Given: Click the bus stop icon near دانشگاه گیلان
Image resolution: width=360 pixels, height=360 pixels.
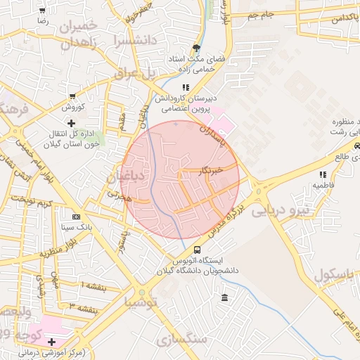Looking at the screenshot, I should coord(196,250).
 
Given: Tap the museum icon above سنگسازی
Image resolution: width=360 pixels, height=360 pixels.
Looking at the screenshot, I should coord(224,299).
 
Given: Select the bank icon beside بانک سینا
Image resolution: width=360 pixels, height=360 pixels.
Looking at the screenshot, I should coord(76,217).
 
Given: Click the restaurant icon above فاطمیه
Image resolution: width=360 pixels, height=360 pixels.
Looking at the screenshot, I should coord(323,174).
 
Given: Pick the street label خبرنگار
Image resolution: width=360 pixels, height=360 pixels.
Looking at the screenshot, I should coord(211,169).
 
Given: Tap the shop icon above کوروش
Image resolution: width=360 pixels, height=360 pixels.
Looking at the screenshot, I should coord(72,96).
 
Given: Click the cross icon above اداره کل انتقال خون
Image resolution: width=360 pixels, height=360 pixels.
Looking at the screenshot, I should coord(70,123).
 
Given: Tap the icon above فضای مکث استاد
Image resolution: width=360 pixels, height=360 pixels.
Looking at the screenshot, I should coord(196,49).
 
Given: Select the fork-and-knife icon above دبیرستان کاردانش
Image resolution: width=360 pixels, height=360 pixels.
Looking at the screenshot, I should coord(185,86).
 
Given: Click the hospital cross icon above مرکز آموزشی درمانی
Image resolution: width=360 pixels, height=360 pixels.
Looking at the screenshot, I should coord(51,342).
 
